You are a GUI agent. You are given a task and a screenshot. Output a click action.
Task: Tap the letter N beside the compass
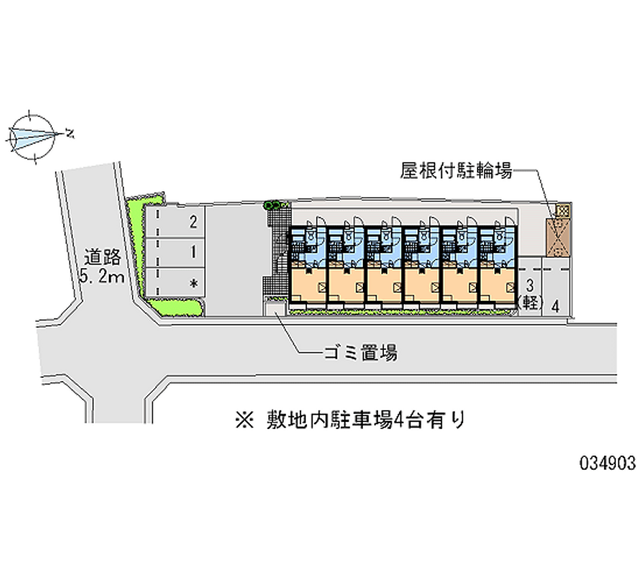[71, 133]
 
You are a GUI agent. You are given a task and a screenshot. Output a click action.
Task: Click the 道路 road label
[103, 258]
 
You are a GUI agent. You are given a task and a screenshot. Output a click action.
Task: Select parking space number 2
[192, 222]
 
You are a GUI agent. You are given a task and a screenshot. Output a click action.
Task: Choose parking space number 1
[192, 251]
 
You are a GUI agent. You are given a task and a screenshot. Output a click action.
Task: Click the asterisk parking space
[192, 283]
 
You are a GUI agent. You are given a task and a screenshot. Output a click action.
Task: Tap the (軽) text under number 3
[530, 303]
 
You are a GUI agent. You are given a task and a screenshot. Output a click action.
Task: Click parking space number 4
[554, 304]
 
